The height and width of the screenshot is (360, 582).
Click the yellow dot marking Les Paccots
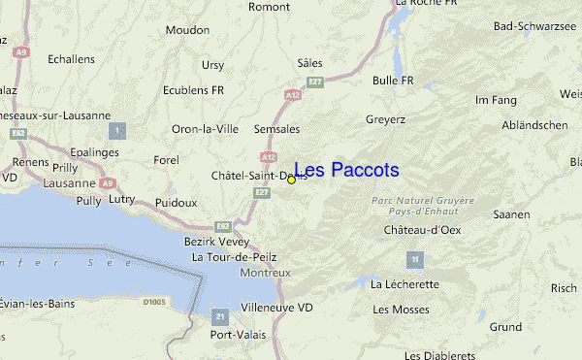291,180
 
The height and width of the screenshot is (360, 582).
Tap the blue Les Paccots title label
346,171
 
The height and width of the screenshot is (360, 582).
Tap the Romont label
270,6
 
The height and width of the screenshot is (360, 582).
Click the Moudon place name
187,57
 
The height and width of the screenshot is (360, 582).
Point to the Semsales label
276,129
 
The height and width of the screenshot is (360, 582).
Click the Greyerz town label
385,120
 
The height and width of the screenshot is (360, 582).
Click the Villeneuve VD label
276,308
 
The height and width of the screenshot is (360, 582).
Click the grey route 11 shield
415,260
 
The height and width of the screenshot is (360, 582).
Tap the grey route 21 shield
221,316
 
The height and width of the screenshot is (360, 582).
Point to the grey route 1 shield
118,130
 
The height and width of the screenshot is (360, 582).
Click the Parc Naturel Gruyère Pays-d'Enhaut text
423,206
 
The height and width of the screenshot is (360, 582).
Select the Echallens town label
71,59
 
